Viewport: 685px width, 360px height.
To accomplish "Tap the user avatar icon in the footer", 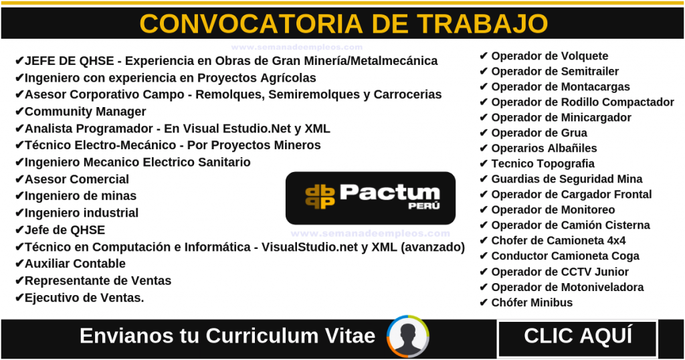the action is click(407, 337).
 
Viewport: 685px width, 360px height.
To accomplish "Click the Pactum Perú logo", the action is click(371, 198).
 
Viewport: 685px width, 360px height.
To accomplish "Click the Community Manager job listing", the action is click(85, 111).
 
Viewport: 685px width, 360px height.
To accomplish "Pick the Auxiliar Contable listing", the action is click(75, 264).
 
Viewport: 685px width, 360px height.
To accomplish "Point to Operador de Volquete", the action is click(550, 56).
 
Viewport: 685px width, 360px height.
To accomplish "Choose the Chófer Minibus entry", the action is click(532, 302).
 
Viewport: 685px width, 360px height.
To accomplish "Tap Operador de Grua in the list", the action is click(539, 132).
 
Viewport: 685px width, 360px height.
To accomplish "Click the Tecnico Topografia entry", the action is click(543, 163).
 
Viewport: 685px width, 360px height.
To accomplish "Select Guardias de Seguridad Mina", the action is click(567, 179).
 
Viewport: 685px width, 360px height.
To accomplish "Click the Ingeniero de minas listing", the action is click(80, 196).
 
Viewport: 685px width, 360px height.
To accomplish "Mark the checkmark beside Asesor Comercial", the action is click(19, 179).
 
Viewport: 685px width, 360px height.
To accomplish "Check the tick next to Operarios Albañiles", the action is click(483, 148).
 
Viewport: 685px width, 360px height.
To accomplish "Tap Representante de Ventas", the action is click(98, 280).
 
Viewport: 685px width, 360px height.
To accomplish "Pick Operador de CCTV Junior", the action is click(560, 272).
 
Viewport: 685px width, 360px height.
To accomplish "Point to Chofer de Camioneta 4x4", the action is click(559, 241).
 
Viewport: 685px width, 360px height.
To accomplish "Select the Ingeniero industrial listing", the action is click(81, 213).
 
